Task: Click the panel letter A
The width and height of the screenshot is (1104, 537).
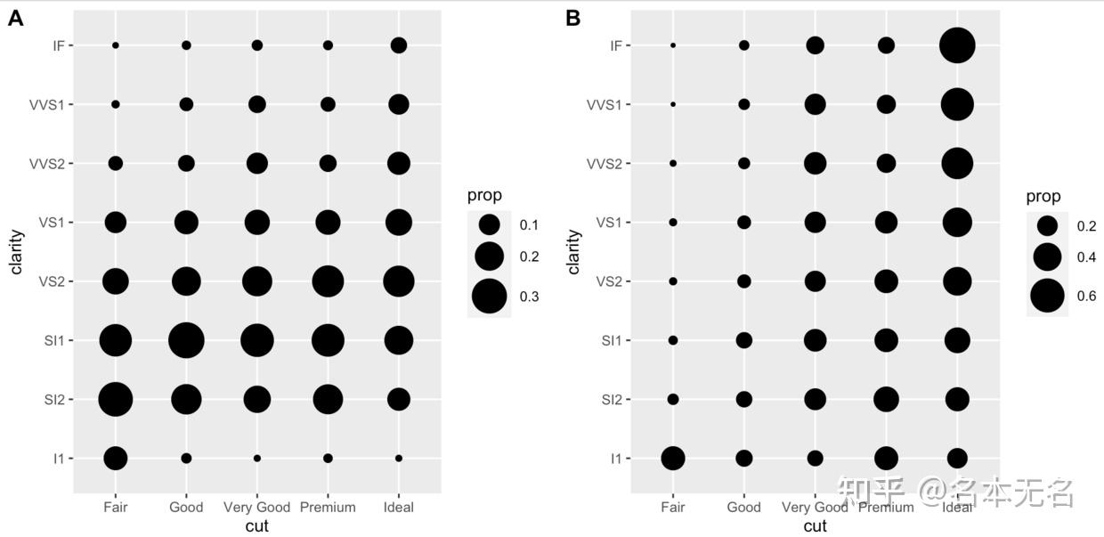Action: (x=15, y=18)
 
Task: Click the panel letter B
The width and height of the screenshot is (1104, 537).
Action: (x=573, y=18)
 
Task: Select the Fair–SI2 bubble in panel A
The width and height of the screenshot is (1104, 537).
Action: (x=116, y=399)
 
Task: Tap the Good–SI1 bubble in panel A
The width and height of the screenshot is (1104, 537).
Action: (x=186, y=340)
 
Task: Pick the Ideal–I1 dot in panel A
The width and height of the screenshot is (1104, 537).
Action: (x=399, y=459)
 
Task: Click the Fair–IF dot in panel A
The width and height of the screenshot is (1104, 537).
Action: (x=116, y=45)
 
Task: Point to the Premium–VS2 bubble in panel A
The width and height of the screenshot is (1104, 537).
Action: (x=328, y=281)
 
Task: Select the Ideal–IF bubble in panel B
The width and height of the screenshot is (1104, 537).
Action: (x=957, y=45)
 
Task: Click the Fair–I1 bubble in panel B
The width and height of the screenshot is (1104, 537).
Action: (x=673, y=459)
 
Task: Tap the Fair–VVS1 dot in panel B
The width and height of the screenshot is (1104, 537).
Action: (x=673, y=104)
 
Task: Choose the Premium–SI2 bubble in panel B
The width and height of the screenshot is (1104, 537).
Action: (x=886, y=399)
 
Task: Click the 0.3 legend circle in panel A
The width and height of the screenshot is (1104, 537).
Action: (x=489, y=297)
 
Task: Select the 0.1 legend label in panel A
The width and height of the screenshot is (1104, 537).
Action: (x=529, y=224)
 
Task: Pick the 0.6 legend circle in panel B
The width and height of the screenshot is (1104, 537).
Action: (x=1048, y=297)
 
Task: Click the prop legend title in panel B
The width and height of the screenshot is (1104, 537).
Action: (x=1043, y=197)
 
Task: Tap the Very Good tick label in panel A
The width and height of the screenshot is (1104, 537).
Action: (x=256, y=508)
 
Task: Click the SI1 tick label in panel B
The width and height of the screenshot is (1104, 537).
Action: (x=611, y=340)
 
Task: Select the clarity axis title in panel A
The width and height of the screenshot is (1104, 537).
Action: (x=17, y=252)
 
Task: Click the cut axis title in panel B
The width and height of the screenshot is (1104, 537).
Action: (x=815, y=526)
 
